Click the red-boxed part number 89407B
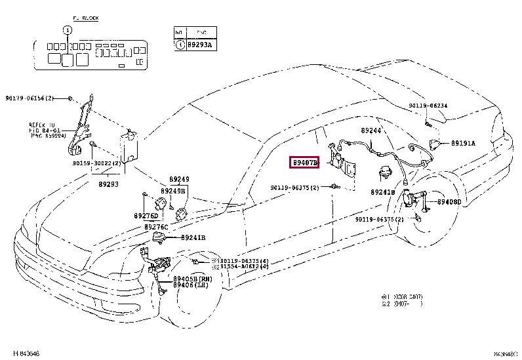(x=305, y=162)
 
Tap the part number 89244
(x=371, y=131)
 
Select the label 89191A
(x=463, y=143)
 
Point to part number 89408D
(x=449, y=202)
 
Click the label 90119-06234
(x=428, y=106)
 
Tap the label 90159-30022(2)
(x=96, y=163)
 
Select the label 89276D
(x=146, y=215)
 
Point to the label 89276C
(x=156, y=226)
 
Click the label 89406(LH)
(x=191, y=285)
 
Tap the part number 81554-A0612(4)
(x=243, y=267)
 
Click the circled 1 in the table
(x=180, y=45)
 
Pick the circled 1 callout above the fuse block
(x=66, y=30)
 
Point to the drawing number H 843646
(x=26, y=353)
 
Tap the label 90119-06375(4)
(x=243, y=260)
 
